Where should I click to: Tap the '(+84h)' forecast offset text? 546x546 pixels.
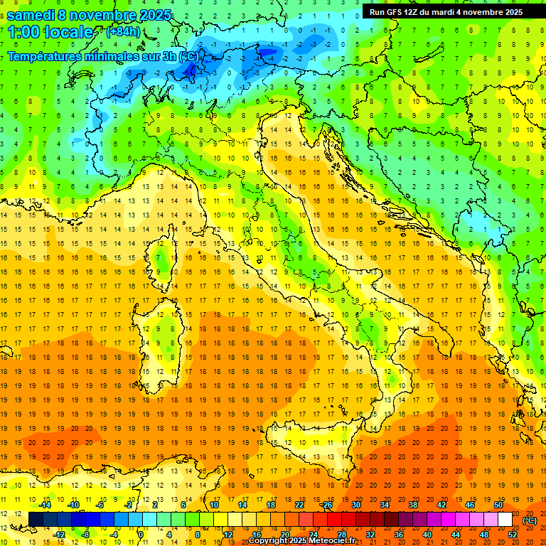click(122, 31)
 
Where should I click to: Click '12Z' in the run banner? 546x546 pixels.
click(419, 12)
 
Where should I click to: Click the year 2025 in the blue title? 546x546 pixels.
click(154, 15)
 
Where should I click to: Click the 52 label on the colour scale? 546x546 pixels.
click(513, 535)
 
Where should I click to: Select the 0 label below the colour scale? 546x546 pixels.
click(141, 535)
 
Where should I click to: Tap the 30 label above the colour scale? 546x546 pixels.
click(356, 505)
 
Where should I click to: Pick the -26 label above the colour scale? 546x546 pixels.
click(326, 505)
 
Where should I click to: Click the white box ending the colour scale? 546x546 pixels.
click(505, 520)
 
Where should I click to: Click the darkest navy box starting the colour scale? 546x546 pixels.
click(36, 520)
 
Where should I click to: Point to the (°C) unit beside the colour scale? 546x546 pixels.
click(530, 520)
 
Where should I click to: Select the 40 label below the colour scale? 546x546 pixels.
click(427, 535)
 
